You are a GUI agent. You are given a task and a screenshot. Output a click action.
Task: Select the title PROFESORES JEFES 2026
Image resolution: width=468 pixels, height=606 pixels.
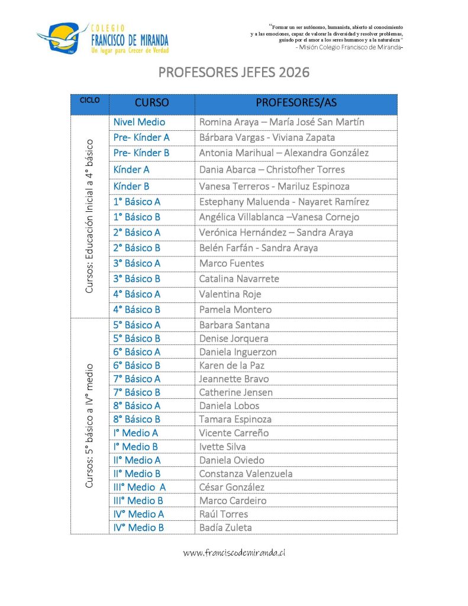[x=234, y=73]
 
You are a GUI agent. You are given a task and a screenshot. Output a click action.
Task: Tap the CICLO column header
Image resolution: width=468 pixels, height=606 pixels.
[x=89, y=101]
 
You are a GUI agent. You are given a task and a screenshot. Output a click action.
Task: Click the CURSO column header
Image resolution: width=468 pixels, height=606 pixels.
[x=151, y=102]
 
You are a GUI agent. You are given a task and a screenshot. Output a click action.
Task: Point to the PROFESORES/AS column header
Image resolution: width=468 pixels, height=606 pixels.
[x=296, y=102]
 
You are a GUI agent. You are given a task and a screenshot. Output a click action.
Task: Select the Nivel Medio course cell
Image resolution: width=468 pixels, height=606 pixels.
[x=140, y=123]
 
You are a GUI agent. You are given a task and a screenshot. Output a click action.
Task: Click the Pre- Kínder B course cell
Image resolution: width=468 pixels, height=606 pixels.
[x=141, y=153]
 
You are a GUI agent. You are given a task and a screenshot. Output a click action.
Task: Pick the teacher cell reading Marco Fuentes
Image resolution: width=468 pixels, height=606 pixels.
[x=231, y=263]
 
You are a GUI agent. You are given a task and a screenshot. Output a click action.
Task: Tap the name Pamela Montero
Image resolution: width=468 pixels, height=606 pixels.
[x=235, y=310]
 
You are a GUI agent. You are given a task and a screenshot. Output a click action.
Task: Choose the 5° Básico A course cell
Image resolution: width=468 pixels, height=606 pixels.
[x=137, y=325]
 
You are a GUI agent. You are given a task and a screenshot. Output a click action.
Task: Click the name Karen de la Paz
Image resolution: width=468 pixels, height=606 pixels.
[x=232, y=365]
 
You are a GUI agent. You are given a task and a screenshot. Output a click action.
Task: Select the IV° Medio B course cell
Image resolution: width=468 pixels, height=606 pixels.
[x=138, y=527]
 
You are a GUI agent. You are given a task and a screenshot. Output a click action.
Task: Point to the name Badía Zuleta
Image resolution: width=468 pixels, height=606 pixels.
[x=225, y=527]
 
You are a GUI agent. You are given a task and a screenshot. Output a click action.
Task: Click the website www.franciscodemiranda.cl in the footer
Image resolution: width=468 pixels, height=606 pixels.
[x=234, y=553]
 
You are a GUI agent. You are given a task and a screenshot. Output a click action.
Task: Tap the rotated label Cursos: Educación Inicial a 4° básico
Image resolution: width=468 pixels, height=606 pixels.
[x=89, y=216]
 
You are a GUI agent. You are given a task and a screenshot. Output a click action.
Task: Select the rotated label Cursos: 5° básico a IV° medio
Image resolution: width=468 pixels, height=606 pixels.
[x=89, y=426]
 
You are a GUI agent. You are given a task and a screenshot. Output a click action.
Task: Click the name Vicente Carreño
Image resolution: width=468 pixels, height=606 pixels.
[x=234, y=433]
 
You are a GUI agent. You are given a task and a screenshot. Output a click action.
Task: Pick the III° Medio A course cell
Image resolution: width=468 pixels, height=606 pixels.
[x=140, y=487]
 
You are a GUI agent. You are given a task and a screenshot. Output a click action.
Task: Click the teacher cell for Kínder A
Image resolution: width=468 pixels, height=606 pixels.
[x=272, y=170]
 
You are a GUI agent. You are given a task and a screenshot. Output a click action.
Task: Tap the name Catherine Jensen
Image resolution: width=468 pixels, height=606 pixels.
[x=236, y=392]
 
